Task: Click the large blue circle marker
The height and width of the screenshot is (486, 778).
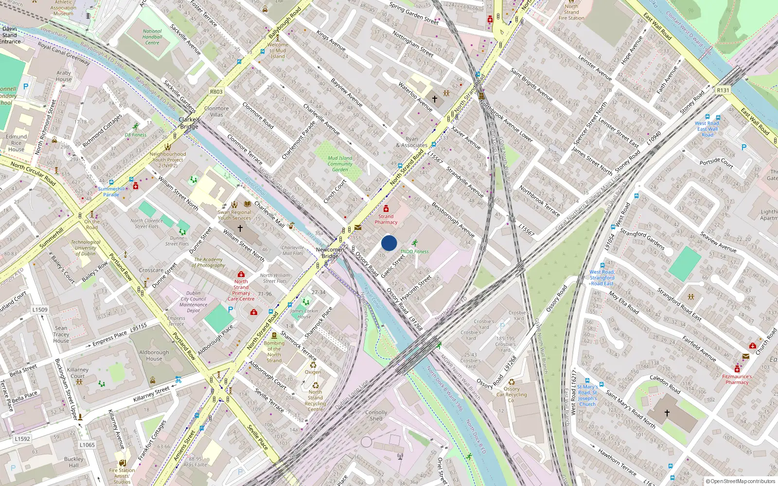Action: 389,243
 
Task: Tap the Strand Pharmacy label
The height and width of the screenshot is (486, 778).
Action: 386,219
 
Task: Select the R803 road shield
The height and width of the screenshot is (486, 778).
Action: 216,92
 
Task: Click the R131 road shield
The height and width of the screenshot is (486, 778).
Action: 723,90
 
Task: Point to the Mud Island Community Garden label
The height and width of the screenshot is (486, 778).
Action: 340,164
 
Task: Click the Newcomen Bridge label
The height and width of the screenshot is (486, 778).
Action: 330,253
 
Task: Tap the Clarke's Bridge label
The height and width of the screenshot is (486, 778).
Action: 189,123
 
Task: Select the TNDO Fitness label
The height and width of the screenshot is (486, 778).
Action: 414,252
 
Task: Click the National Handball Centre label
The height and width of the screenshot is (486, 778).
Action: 152,37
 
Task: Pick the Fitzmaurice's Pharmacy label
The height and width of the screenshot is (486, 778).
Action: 737,379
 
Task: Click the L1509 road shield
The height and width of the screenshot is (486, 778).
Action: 40,310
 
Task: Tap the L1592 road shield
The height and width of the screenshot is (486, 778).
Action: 22,439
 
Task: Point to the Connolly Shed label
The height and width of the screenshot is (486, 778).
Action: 376,416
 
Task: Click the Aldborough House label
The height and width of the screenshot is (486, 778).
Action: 154,355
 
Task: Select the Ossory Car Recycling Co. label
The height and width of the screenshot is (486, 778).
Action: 512,395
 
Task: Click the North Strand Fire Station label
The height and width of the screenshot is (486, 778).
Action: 571,12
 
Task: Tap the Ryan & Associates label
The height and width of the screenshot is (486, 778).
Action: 412,142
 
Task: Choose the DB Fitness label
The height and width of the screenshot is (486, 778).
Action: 136,135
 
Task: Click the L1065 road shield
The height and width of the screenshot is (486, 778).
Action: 87,445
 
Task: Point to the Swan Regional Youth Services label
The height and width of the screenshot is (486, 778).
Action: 234,215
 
